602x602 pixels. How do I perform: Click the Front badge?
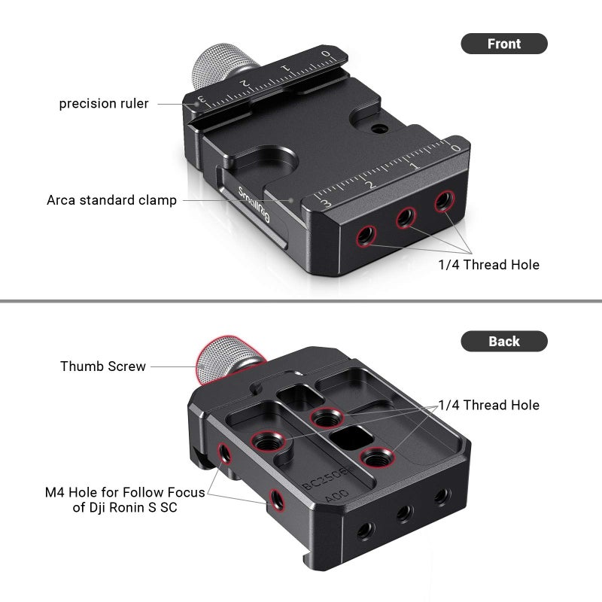coord(503,44)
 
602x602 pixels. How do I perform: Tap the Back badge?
coord(503,342)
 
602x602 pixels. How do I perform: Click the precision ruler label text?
coord(104,103)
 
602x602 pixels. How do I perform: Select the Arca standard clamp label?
coord(111,200)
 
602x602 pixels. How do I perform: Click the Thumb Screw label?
coord(103,366)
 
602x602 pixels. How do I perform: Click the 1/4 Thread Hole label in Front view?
coord(488,265)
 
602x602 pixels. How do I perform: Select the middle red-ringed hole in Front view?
coord(406,218)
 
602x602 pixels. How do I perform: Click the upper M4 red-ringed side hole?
coord(224,453)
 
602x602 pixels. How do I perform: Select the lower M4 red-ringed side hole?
coord(275,497)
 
